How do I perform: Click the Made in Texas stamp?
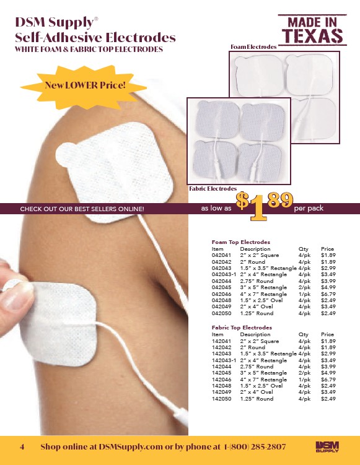[x=312, y=30]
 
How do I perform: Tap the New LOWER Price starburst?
[x=84, y=87]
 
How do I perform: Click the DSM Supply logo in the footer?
[x=327, y=446]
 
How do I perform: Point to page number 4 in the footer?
[x=22, y=446]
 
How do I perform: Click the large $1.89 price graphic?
[x=264, y=206]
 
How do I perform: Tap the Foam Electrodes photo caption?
[x=253, y=47]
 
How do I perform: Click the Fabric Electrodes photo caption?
[x=213, y=189]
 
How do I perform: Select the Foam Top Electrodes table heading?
[x=240, y=242]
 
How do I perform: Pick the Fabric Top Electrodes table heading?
[x=242, y=328]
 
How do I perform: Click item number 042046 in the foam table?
[x=221, y=294]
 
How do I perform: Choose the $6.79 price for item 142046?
[x=328, y=380]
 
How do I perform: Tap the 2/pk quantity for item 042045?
[x=304, y=287]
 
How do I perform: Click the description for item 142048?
[x=261, y=386]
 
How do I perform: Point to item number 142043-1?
[x=224, y=360]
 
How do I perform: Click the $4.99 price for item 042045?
[x=328, y=287]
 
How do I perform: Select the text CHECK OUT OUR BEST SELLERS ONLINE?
[x=82, y=209]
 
